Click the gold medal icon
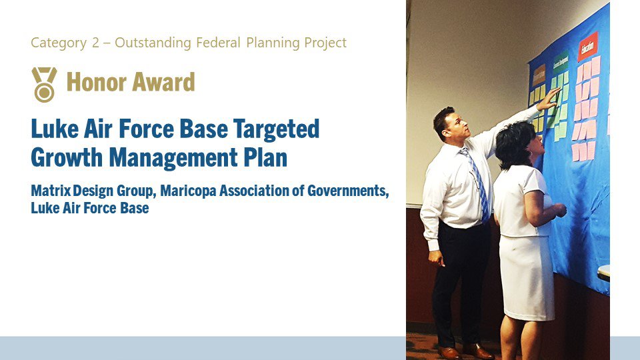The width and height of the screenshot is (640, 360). [44, 84]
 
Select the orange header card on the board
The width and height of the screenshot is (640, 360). [539, 74]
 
